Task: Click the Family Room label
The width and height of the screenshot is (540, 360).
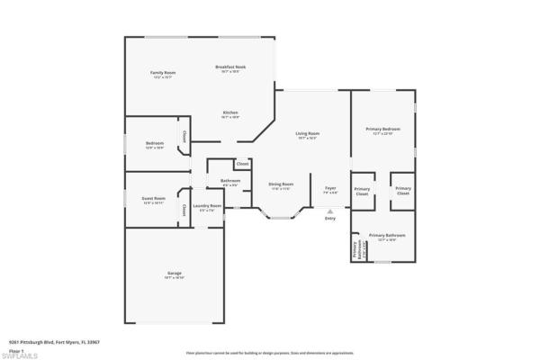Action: click(163, 73)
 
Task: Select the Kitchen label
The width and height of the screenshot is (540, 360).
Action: click(231, 114)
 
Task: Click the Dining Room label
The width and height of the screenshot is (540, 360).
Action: click(282, 187)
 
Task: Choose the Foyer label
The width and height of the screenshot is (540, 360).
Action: click(330, 190)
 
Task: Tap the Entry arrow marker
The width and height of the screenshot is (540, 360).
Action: click(330, 211)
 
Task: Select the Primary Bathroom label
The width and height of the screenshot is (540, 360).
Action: click(387, 237)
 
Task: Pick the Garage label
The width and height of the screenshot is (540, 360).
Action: click(174, 275)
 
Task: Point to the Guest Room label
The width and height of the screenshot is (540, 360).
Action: click(154, 200)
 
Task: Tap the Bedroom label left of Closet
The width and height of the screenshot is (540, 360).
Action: click(154, 144)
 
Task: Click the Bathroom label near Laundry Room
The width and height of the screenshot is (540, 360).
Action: click(230, 182)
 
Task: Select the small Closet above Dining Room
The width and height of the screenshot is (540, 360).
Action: click(242, 164)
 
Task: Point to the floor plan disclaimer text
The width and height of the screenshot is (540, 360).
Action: click(270, 353)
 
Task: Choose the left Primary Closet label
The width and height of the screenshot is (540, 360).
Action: click(362, 191)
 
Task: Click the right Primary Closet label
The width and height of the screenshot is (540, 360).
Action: click(402, 191)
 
